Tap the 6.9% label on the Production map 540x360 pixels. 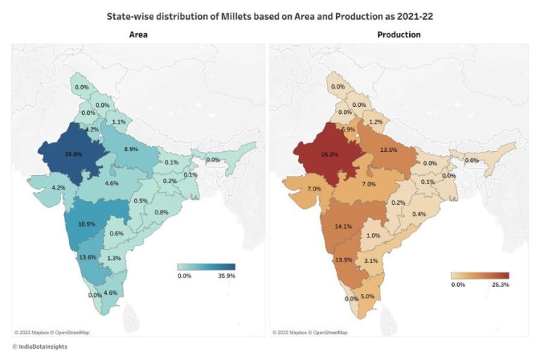(x=347, y=130)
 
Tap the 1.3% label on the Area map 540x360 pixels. (x=114, y=259)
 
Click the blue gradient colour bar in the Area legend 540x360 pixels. (x=205, y=267)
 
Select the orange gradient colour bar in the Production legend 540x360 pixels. (x=480, y=275)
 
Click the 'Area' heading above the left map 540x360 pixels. (x=139, y=34)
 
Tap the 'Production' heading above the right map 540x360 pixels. (x=399, y=34)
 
